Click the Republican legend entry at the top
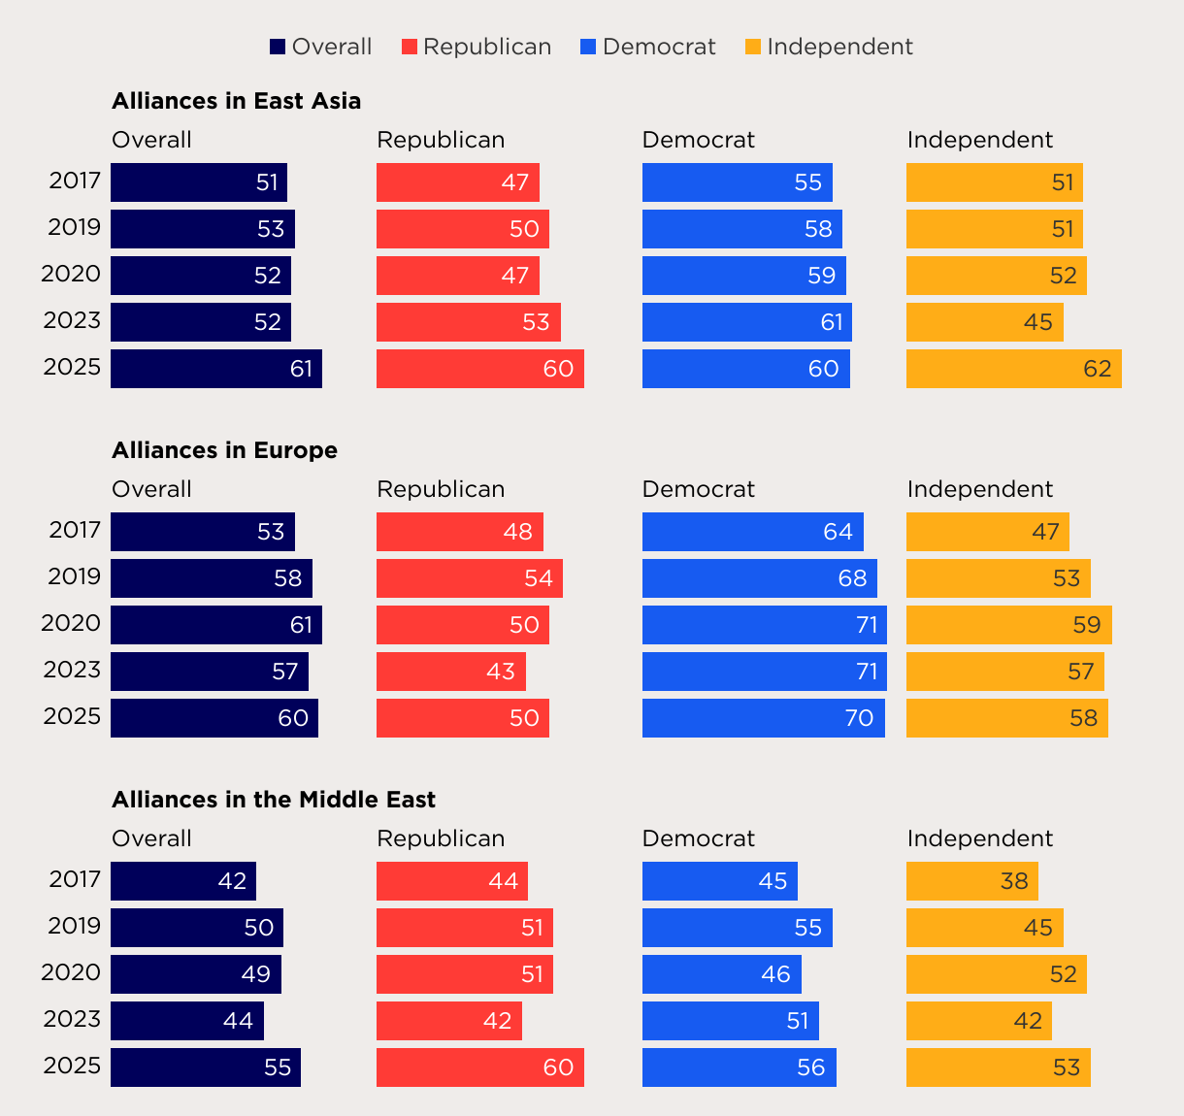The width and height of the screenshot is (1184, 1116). pos(477,47)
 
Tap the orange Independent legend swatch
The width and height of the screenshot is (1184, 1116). pos(753,47)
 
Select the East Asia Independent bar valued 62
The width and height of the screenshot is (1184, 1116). pos(1013,369)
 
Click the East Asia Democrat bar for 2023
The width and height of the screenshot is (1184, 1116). pos(746,322)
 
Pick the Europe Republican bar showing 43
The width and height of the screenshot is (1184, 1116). pos(450,672)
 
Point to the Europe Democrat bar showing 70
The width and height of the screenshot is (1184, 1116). pos(763,718)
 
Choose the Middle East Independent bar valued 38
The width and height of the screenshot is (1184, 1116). pos(971,881)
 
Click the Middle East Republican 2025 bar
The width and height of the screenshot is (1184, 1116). pos(479,1067)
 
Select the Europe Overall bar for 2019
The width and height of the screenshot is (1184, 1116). pos(211,578)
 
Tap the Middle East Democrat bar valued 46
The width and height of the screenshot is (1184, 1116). pos(721,974)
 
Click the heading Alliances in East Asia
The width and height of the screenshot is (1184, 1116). pos(236,101)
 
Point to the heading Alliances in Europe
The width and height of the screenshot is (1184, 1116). pos(224,450)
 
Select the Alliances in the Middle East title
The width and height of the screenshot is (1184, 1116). pos(274,800)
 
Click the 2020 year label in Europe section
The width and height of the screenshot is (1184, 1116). pos(71,623)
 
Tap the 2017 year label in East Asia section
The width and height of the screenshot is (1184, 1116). pos(75,181)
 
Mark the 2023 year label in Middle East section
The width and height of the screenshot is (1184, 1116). pos(72,1019)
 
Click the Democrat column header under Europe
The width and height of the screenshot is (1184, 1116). pos(698,489)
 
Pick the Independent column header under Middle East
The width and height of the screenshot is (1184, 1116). pos(979,838)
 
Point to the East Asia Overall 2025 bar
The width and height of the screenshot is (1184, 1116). pos(215,369)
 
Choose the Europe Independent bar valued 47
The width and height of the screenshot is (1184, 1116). pos(987,532)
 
